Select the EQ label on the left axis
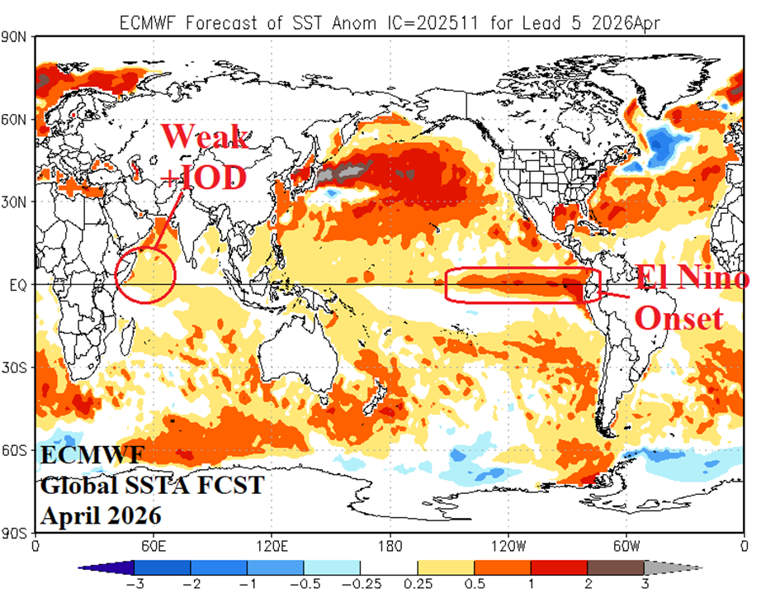(19, 285)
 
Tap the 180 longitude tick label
(390, 545)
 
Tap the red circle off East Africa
(146, 274)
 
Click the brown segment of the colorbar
(616, 567)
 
